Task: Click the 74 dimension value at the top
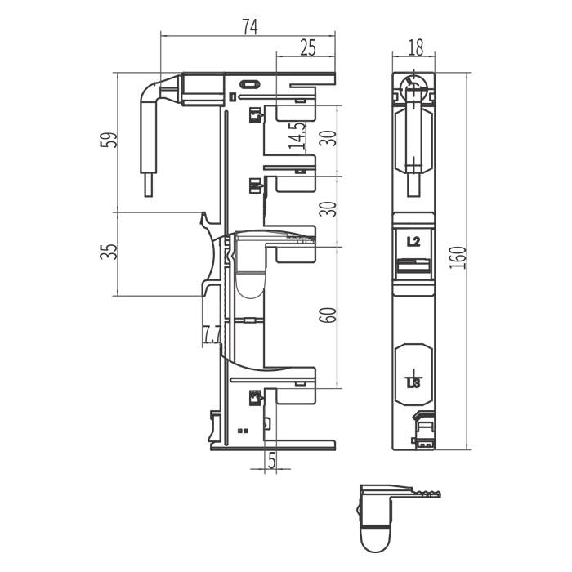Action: pyautogui.click(x=250, y=27)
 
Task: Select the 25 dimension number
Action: pyautogui.click(x=308, y=47)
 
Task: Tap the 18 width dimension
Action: pyautogui.click(x=415, y=47)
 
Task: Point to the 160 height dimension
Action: pyautogui.click(x=458, y=258)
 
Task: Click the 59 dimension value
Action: pyautogui.click(x=109, y=140)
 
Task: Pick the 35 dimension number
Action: pyautogui.click(x=109, y=252)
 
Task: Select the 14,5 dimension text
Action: pyautogui.click(x=297, y=136)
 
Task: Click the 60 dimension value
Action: pyautogui.click(x=328, y=315)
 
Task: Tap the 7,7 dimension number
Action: pyautogui.click(x=212, y=334)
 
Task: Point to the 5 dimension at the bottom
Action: pyautogui.click(x=272, y=460)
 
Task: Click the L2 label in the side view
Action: pyautogui.click(x=413, y=241)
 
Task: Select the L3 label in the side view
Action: pyautogui.click(x=413, y=383)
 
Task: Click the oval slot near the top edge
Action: pyautogui.click(x=249, y=85)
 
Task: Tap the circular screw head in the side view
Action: pyautogui.click(x=414, y=88)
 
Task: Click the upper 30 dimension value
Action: pyautogui.click(x=328, y=138)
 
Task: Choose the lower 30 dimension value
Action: pyautogui.click(x=328, y=208)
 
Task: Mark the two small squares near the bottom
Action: pyautogui.click(x=243, y=431)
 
